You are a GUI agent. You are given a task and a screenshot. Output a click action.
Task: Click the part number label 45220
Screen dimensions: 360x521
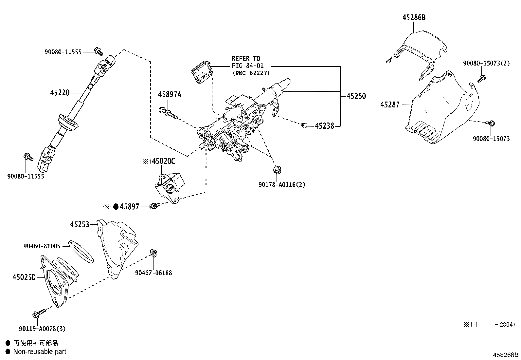[x=60, y=93]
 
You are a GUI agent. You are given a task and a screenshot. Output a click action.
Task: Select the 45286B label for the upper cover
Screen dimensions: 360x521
[x=414, y=18]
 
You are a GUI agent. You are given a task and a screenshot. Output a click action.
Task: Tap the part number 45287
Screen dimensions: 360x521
[x=390, y=105]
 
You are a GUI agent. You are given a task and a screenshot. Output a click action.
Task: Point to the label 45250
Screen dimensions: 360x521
[x=356, y=96]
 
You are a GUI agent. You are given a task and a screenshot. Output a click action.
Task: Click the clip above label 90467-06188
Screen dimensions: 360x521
[x=153, y=252]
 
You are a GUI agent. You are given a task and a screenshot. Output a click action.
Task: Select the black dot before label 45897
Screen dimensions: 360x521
[x=116, y=206]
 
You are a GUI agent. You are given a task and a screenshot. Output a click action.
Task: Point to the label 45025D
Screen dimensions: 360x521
[x=24, y=277]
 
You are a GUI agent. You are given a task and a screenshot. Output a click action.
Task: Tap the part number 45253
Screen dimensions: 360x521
[x=80, y=224]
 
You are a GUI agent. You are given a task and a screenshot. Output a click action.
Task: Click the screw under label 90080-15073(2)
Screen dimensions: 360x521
[x=481, y=78]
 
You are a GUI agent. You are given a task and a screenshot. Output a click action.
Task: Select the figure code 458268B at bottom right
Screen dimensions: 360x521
[x=506, y=355]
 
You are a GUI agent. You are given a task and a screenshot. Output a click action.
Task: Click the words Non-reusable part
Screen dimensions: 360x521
[x=40, y=351]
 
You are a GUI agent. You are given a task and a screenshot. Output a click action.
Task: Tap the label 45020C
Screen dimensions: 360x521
[x=164, y=161]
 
